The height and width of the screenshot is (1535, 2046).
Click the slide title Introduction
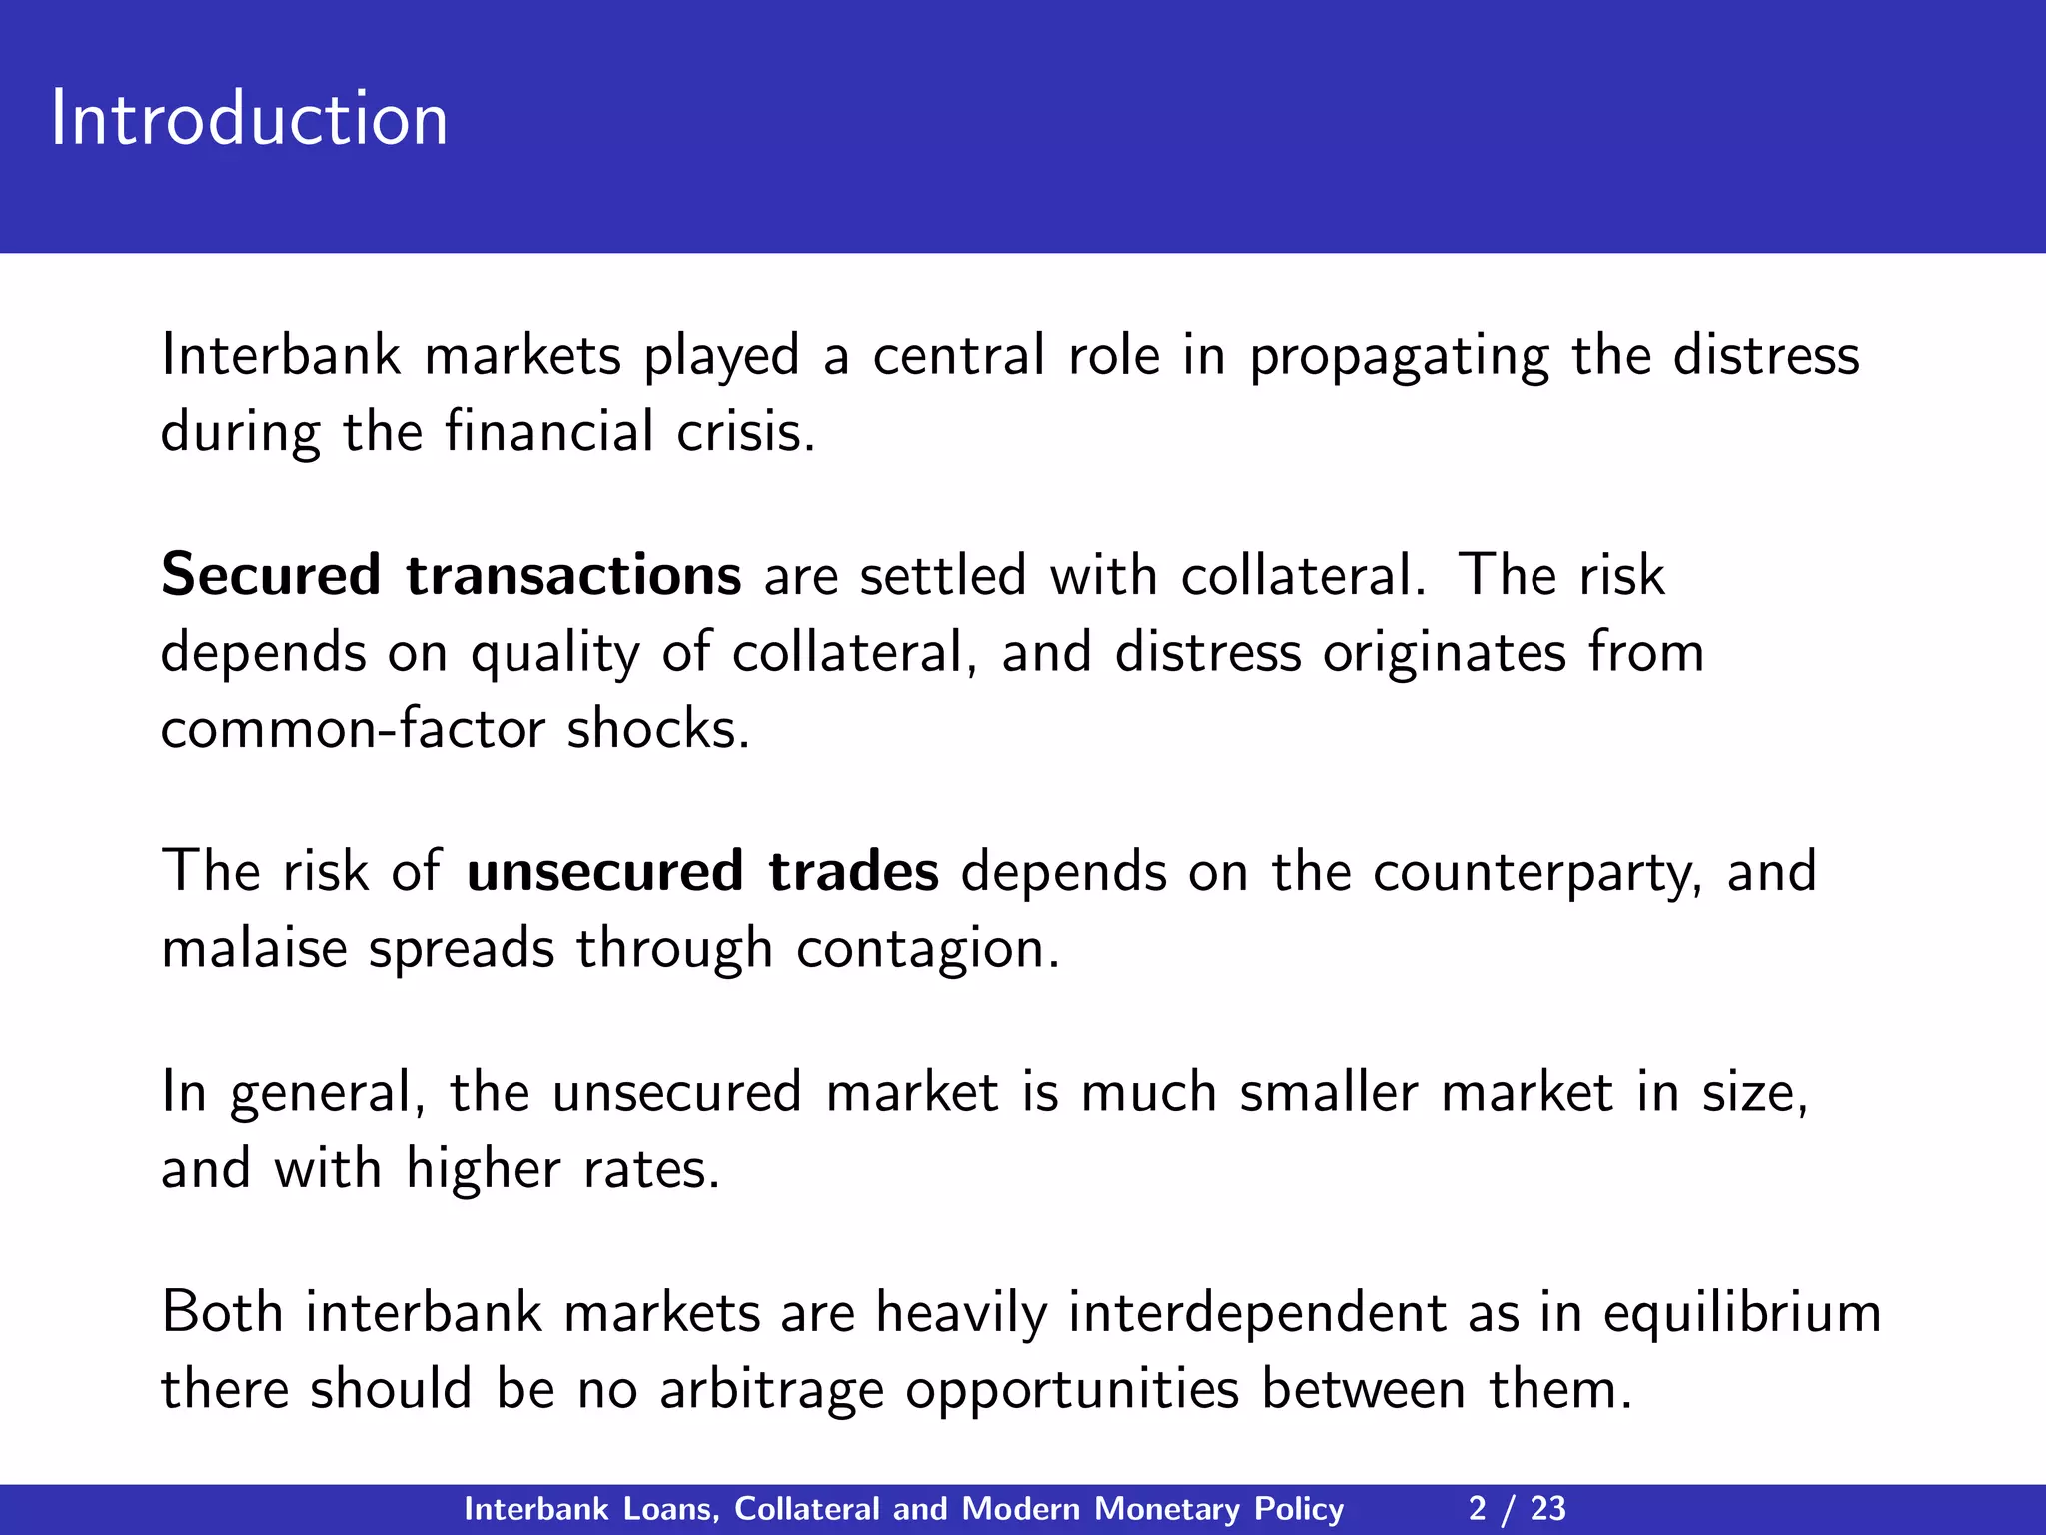click(249, 119)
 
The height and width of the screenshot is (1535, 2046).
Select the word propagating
click(1400, 358)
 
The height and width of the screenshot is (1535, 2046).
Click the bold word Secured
click(271, 576)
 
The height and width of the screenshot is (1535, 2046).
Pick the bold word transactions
click(573, 576)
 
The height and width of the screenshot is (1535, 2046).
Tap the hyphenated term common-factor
click(352, 729)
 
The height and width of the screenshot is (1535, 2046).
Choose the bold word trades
click(853, 871)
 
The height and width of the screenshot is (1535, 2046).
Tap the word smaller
click(1328, 1092)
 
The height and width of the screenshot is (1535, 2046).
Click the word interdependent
click(1256, 1313)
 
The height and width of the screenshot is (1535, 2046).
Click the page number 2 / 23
click(1517, 1509)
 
